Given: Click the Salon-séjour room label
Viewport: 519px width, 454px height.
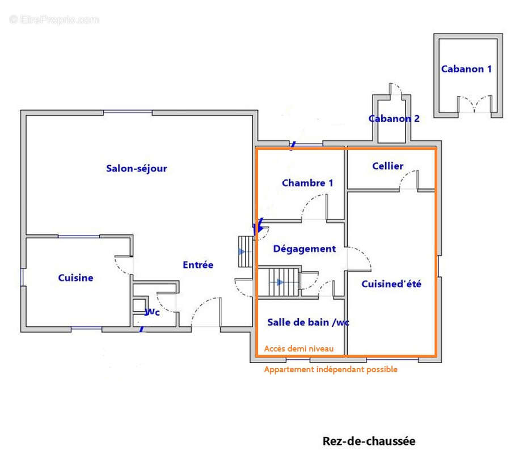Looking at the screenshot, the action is [x=136, y=169].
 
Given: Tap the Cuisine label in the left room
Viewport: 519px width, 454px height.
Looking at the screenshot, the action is [x=75, y=278].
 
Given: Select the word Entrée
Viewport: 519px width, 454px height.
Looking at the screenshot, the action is [x=198, y=264].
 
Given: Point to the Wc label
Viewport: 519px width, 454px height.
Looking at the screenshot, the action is [x=152, y=312].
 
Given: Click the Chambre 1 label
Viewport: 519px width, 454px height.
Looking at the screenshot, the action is [x=307, y=183].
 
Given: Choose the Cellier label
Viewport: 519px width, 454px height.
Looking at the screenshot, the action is [x=387, y=166].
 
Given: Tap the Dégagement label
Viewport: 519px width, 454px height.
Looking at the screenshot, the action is [x=304, y=249].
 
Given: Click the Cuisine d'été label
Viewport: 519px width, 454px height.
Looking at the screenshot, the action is [x=391, y=284].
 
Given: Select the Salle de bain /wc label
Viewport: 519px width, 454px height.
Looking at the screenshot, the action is [x=308, y=322].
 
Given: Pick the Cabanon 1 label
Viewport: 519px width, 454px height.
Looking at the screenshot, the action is [x=466, y=69].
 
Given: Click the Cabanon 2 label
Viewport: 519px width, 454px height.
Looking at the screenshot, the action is [x=394, y=119].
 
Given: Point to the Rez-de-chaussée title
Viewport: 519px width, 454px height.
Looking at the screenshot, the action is [x=369, y=441].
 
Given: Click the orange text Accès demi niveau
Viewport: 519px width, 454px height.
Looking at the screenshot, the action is [x=298, y=348].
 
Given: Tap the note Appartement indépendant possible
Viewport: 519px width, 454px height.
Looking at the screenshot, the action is [x=331, y=369].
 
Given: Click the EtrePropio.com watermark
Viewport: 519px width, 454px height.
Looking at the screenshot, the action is [x=54, y=19].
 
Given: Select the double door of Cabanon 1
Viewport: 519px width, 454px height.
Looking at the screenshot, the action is [x=475, y=104].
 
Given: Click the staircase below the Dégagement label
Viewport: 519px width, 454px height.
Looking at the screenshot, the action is [x=284, y=282].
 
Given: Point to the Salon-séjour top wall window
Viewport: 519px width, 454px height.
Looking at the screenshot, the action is [x=128, y=113].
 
